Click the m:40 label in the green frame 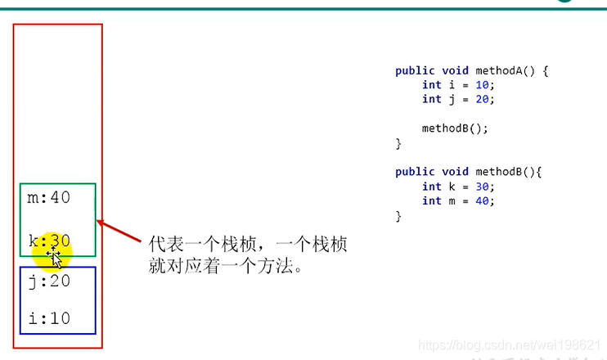pos(48,197)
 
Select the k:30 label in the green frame pos(48,241)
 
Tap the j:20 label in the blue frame pos(48,281)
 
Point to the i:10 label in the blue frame pos(48,318)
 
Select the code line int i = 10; pos(458,85)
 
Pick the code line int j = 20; pos(458,99)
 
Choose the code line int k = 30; pos(458,187)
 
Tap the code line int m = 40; pos(458,200)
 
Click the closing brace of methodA pos(398,143)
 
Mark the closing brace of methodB pos(398,215)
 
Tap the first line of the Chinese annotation pos(248,245)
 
